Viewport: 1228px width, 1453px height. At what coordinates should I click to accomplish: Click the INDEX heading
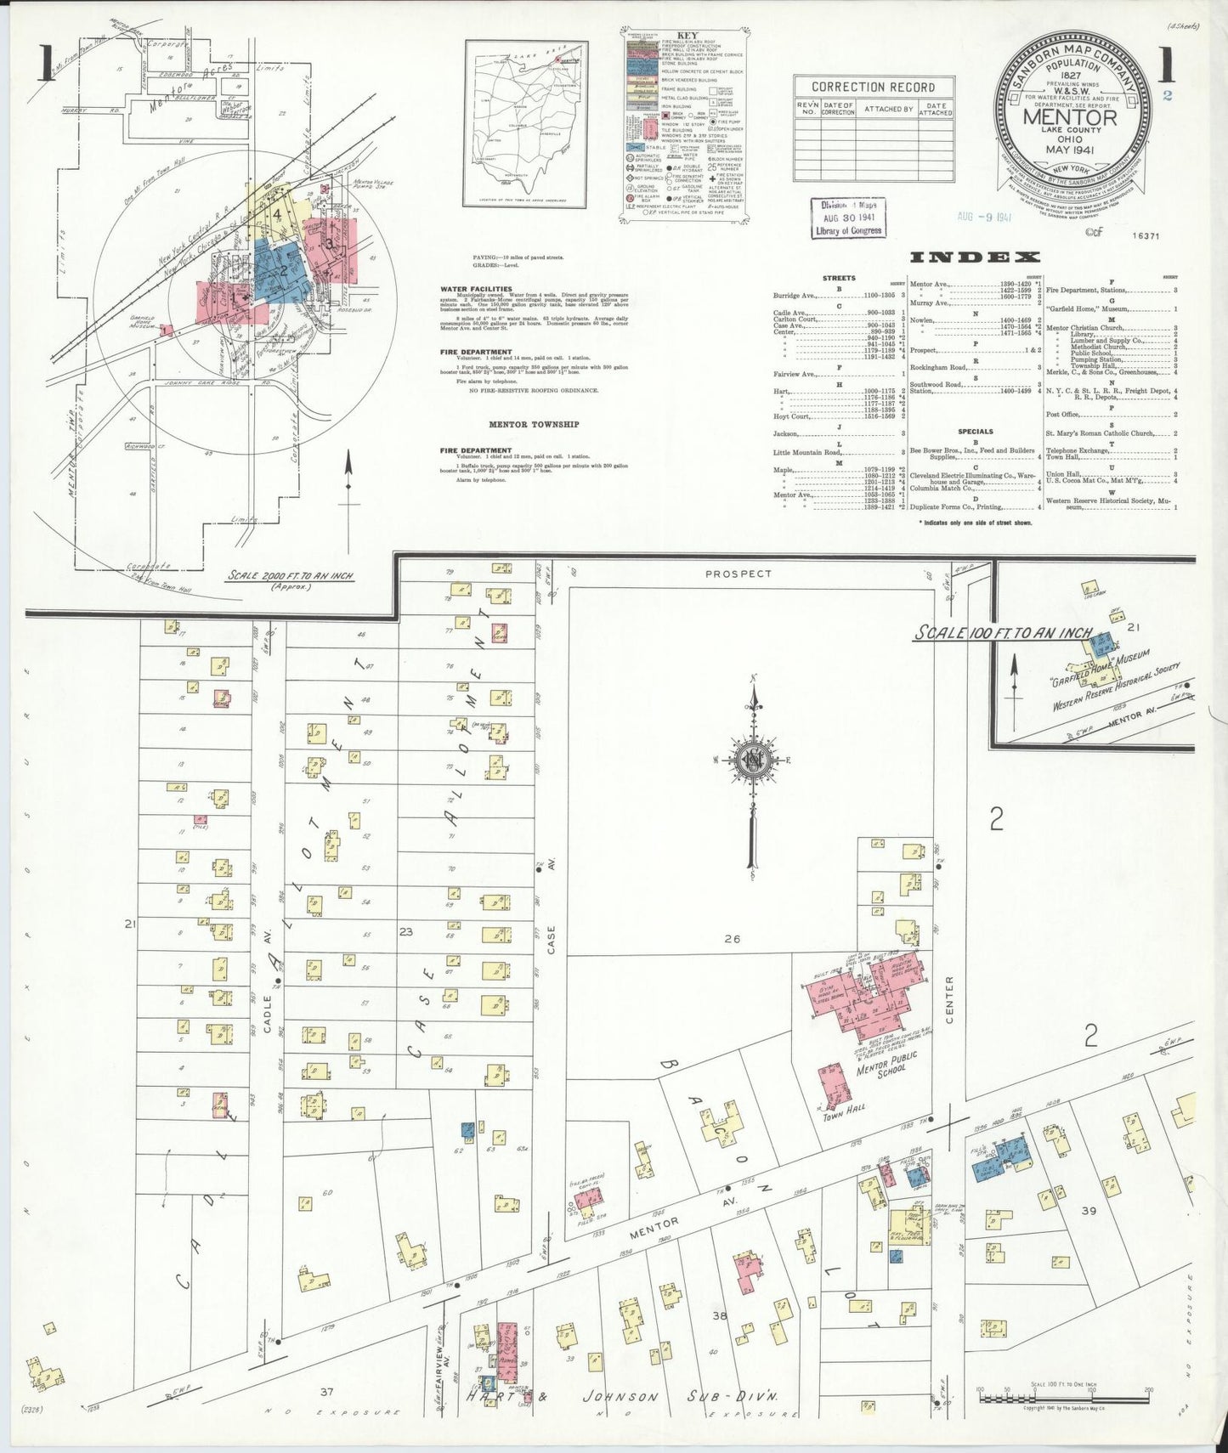[x=975, y=257]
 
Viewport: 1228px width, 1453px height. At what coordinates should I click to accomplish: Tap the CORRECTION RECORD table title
[x=873, y=87]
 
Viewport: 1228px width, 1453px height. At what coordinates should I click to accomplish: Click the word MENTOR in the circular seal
[x=1070, y=116]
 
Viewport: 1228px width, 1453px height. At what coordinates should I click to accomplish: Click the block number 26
[x=733, y=939]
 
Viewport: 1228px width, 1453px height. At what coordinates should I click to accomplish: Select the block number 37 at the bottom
[x=326, y=1391]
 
